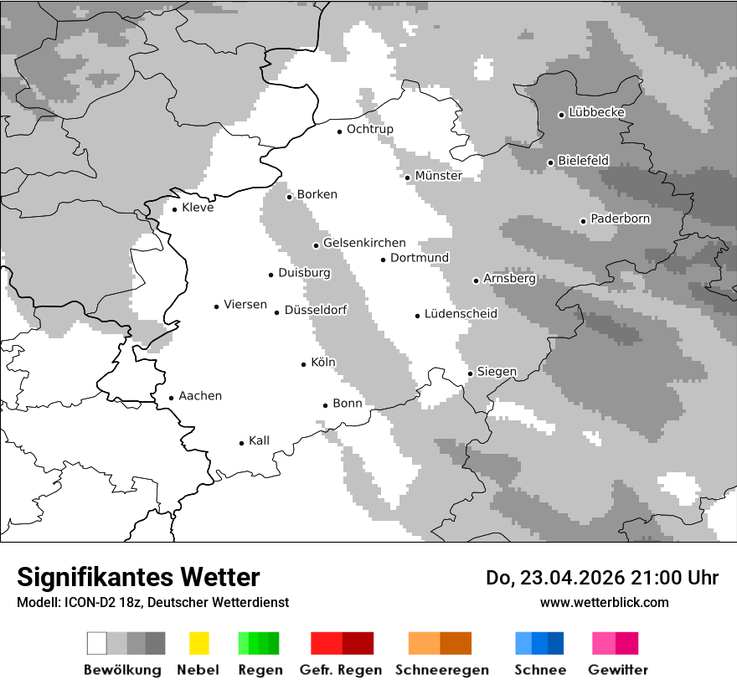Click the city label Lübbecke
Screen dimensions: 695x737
tap(596, 112)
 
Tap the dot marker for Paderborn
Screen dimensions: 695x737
tap(583, 221)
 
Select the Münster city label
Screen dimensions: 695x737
tap(438, 176)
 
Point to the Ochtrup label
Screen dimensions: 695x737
tap(369, 129)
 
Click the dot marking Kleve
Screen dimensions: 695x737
tap(174, 208)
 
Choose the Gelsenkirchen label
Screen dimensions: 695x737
tap(364, 243)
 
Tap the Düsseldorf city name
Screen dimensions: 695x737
tap(316, 310)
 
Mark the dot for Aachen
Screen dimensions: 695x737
tap(171, 399)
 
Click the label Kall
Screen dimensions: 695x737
tap(259, 440)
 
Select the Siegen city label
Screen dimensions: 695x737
tap(497, 372)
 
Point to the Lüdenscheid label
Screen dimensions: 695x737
tap(461, 314)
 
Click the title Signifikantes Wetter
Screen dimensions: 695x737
tap(138, 577)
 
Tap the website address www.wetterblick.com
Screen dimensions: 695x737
tap(604, 602)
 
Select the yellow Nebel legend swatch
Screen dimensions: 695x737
tap(198, 643)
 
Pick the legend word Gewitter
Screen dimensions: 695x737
tap(617, 670)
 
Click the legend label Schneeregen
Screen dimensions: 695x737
tap(441, 670)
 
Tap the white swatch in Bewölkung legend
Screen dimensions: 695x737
tap(96, 643)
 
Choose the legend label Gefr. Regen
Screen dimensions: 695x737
tap(340, 670)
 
